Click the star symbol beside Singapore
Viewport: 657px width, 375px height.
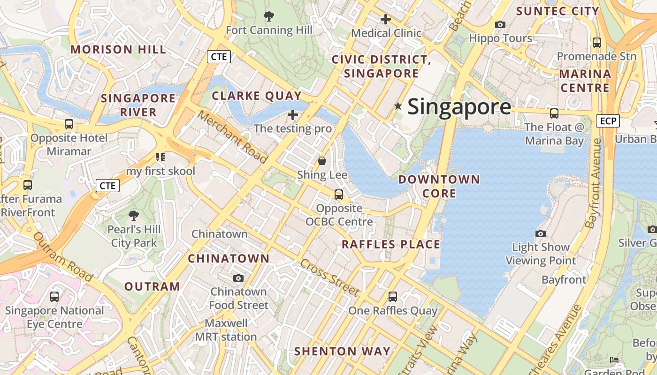[398, 106]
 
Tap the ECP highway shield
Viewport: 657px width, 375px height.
[608, 121]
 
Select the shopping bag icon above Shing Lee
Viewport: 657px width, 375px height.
[322, 161]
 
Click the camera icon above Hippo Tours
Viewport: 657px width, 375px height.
[500, 24]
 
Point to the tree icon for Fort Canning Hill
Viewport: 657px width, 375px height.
[269, 17]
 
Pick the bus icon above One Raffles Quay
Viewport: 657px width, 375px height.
[393, 296]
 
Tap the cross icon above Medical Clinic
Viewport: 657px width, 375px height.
[386, 19]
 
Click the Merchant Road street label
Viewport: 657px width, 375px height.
[232, 136]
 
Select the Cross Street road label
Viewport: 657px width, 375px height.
[329, 277]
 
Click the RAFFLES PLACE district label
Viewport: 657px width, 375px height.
[391, 244]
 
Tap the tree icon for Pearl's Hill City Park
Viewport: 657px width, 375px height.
[134, 216]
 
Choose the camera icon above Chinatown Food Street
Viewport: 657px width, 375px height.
[238, 278]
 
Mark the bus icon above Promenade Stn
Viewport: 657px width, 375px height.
[597, 42]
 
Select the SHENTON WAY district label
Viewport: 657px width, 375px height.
[342, 351]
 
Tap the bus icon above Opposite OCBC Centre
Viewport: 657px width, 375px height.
[339, 194]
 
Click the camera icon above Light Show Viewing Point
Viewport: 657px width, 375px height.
[541, 233]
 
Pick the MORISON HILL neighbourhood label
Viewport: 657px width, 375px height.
[118, 49]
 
